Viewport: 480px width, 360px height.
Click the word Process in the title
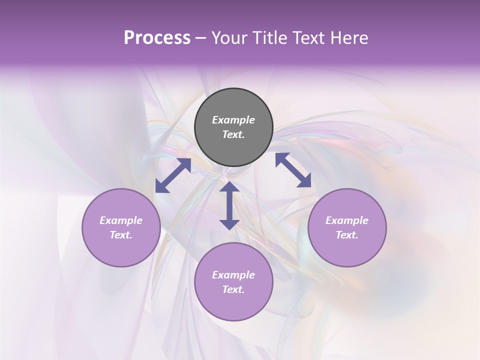pos(157,38)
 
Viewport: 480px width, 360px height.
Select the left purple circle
pos(121,250)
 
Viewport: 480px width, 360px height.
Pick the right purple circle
pos(347,250)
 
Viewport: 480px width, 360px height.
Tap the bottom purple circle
pos(233,305)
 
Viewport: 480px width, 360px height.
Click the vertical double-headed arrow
pos(229,205)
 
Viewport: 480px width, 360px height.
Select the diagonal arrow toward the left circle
pos(173,175)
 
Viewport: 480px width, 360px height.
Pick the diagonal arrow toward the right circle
pos(293,170)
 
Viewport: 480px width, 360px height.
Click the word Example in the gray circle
pos(233,120)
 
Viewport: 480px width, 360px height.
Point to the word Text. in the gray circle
pos(233,134)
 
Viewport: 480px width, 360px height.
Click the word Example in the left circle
pos(121,220)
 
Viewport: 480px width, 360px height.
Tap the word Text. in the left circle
pos(121,235)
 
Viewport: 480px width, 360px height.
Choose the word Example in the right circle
pos(347,220)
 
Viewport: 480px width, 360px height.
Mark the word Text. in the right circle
pos(347,235)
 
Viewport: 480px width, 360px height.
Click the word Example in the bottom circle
pos(233,275)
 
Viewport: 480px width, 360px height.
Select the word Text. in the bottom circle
pos(233,289)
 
